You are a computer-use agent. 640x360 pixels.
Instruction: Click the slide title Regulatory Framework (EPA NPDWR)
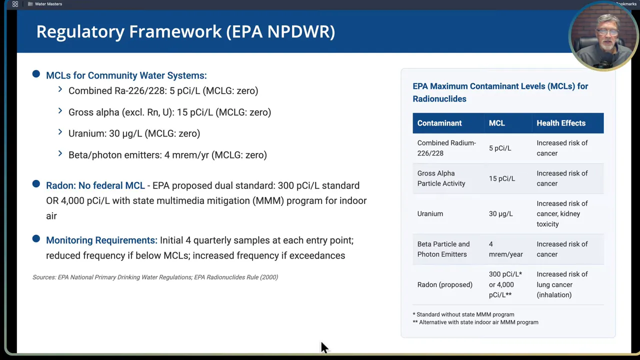pyautogui.click(x=185, y=31)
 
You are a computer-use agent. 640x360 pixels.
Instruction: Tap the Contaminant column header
pyautogui.click(x=439, y=123)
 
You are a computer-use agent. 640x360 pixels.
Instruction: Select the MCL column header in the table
pyautogui.click(x=496, y=123)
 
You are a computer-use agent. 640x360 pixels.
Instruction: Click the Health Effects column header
pyautogui.click(x=560, y=123)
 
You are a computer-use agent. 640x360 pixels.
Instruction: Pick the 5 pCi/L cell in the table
pyautogui.click(x=499, y=148)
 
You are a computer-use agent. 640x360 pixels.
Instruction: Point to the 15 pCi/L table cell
pyautogui.click(x=501, y=178)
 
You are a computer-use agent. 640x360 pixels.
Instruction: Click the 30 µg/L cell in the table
pyautogui.click(x=500, y=213)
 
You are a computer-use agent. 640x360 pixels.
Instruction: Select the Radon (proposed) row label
pyautogui.click(x=444, y=284)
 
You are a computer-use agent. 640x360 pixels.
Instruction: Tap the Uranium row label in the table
pyautogui.click(x=430, y=213)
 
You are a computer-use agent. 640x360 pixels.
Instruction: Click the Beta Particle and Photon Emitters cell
pyautogui.click(x=443, y=249)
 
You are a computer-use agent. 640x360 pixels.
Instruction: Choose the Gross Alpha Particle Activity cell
pyautogui.click(x=441, y=178)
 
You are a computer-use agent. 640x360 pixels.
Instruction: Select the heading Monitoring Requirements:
pyautogui.click(x=101, y=240)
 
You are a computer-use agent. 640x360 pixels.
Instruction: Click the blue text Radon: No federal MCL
pyautogui.click(x=95, y=185)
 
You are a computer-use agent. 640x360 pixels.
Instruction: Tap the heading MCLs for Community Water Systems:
pyautogui.click(x=126, y=75)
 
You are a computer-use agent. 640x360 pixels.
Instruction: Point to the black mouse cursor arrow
pyautogui.click(x=324, y=347)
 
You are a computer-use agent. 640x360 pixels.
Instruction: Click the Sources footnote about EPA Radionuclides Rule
pyautogui.click(x=155, y=277)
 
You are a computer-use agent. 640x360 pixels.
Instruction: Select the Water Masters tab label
pyautogui.click(x=48, y=4)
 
